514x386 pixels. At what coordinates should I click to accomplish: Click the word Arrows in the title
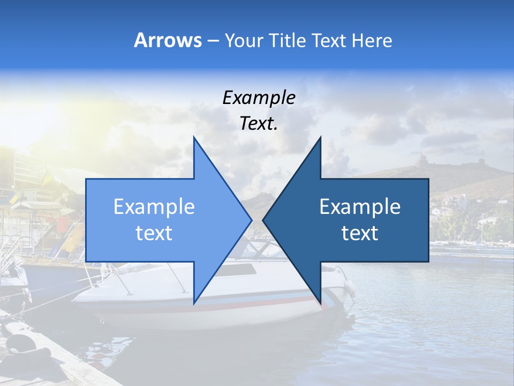(168, 40)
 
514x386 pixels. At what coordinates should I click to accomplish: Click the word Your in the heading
(244, 40)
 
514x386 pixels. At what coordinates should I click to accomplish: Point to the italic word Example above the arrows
(259, 98)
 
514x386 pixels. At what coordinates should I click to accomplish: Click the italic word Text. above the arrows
(259, 124)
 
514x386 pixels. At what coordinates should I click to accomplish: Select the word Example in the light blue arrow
(154, 207)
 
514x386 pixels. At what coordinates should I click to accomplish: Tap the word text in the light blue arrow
(154, 233)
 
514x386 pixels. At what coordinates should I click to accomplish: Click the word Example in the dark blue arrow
(360, 207)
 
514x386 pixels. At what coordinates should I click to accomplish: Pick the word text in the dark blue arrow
(360, 233)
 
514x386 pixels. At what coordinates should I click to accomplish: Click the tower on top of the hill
(422, 160)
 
